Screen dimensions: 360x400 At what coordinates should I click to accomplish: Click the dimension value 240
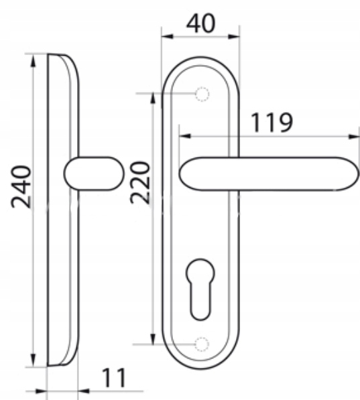(x=21, y=187)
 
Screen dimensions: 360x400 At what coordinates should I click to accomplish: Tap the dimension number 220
(x=140, y=182)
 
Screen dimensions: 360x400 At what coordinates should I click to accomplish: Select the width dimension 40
(x=201, y=23)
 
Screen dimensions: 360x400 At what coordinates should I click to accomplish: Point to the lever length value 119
(x=272, y=123)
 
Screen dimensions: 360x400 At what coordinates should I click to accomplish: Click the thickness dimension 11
(x=114, y=378)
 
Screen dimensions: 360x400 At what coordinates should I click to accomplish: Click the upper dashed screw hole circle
(x=202, y=94)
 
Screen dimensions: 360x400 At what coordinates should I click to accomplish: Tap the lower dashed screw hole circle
(x=202, y=344)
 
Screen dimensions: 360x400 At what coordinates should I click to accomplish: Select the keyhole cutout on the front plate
(x=200, y=289)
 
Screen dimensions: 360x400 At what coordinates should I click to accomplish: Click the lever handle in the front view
(x=269, y=174)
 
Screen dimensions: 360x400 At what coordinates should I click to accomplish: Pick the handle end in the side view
(x=93, y=174)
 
